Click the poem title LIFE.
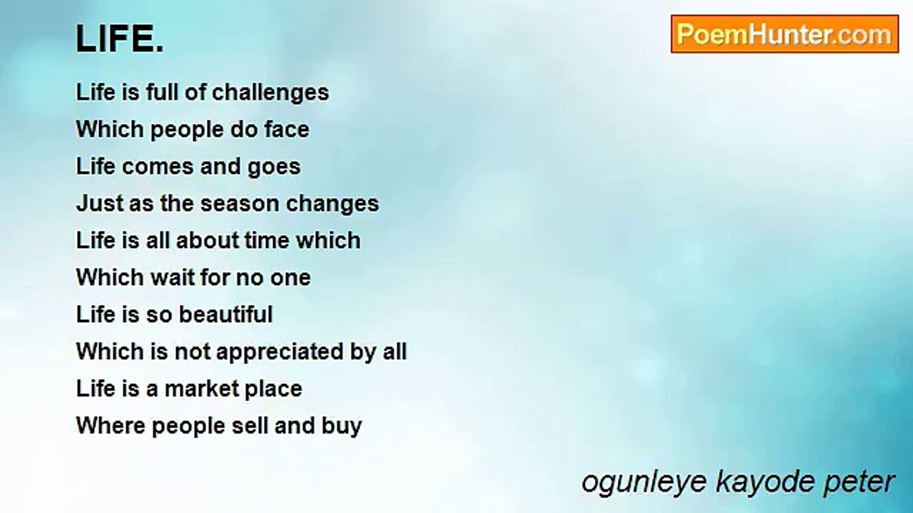(x=120, y=38)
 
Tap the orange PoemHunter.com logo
(x=785, y=34)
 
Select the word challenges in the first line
(x=270, y=93)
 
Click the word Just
(x=99, y=203)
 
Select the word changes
(x=332, y=204)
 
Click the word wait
(x=172, y=278)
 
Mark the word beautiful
(x=226, y=314)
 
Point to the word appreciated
(x=280, y=352)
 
